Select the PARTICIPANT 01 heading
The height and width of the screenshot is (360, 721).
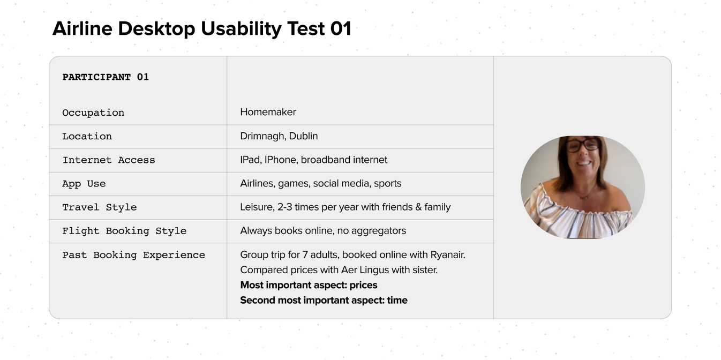tap(106, 77)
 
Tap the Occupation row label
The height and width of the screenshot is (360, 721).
tap(93, 113)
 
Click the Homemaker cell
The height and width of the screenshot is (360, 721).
tap(268, 112)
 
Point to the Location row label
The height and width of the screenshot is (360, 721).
tap(87, 136)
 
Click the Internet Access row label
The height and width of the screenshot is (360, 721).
tap(109, 160)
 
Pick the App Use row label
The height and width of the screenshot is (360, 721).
tap(84, 184)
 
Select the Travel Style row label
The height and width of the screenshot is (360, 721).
tap(100, 207)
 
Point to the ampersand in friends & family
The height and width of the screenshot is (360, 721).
tap(418, 207)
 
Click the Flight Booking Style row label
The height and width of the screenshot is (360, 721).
tap(124, 231)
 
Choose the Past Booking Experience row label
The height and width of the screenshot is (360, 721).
tap(133, 255)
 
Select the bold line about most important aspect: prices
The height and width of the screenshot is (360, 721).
tap(309, 285)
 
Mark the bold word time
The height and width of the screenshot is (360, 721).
tap(397, 300)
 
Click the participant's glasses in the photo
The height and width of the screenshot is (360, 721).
tap(583, 145)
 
